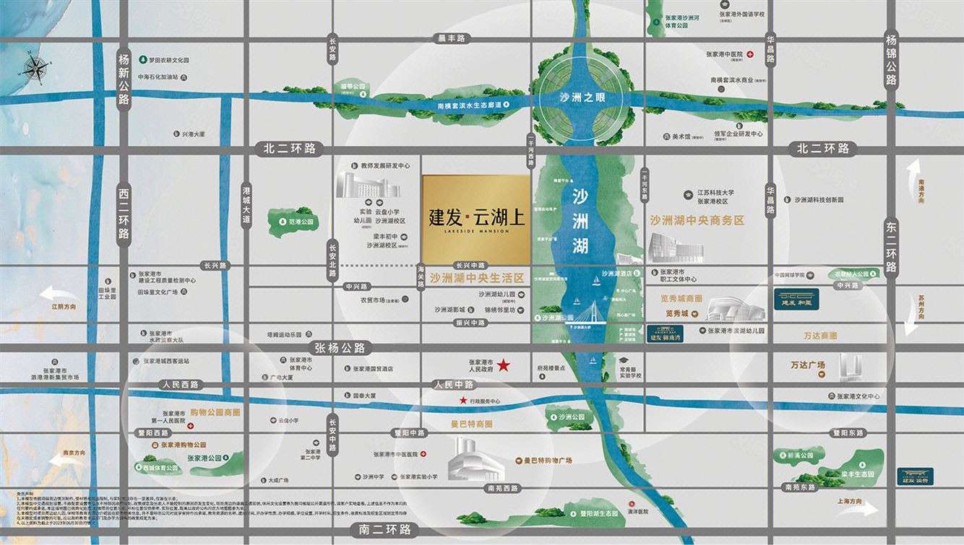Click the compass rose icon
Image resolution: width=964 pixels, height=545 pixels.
pos(35,69)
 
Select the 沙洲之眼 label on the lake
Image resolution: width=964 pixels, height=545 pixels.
pos(585,97)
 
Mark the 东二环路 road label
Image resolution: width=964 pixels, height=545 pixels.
pos(891,247)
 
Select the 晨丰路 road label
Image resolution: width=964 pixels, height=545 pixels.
pos(452,38)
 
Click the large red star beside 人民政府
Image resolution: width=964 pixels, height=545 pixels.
pos(504,366)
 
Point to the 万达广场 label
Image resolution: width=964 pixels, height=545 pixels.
pos(807,365)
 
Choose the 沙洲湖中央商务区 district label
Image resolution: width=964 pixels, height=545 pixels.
pos(697,220)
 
